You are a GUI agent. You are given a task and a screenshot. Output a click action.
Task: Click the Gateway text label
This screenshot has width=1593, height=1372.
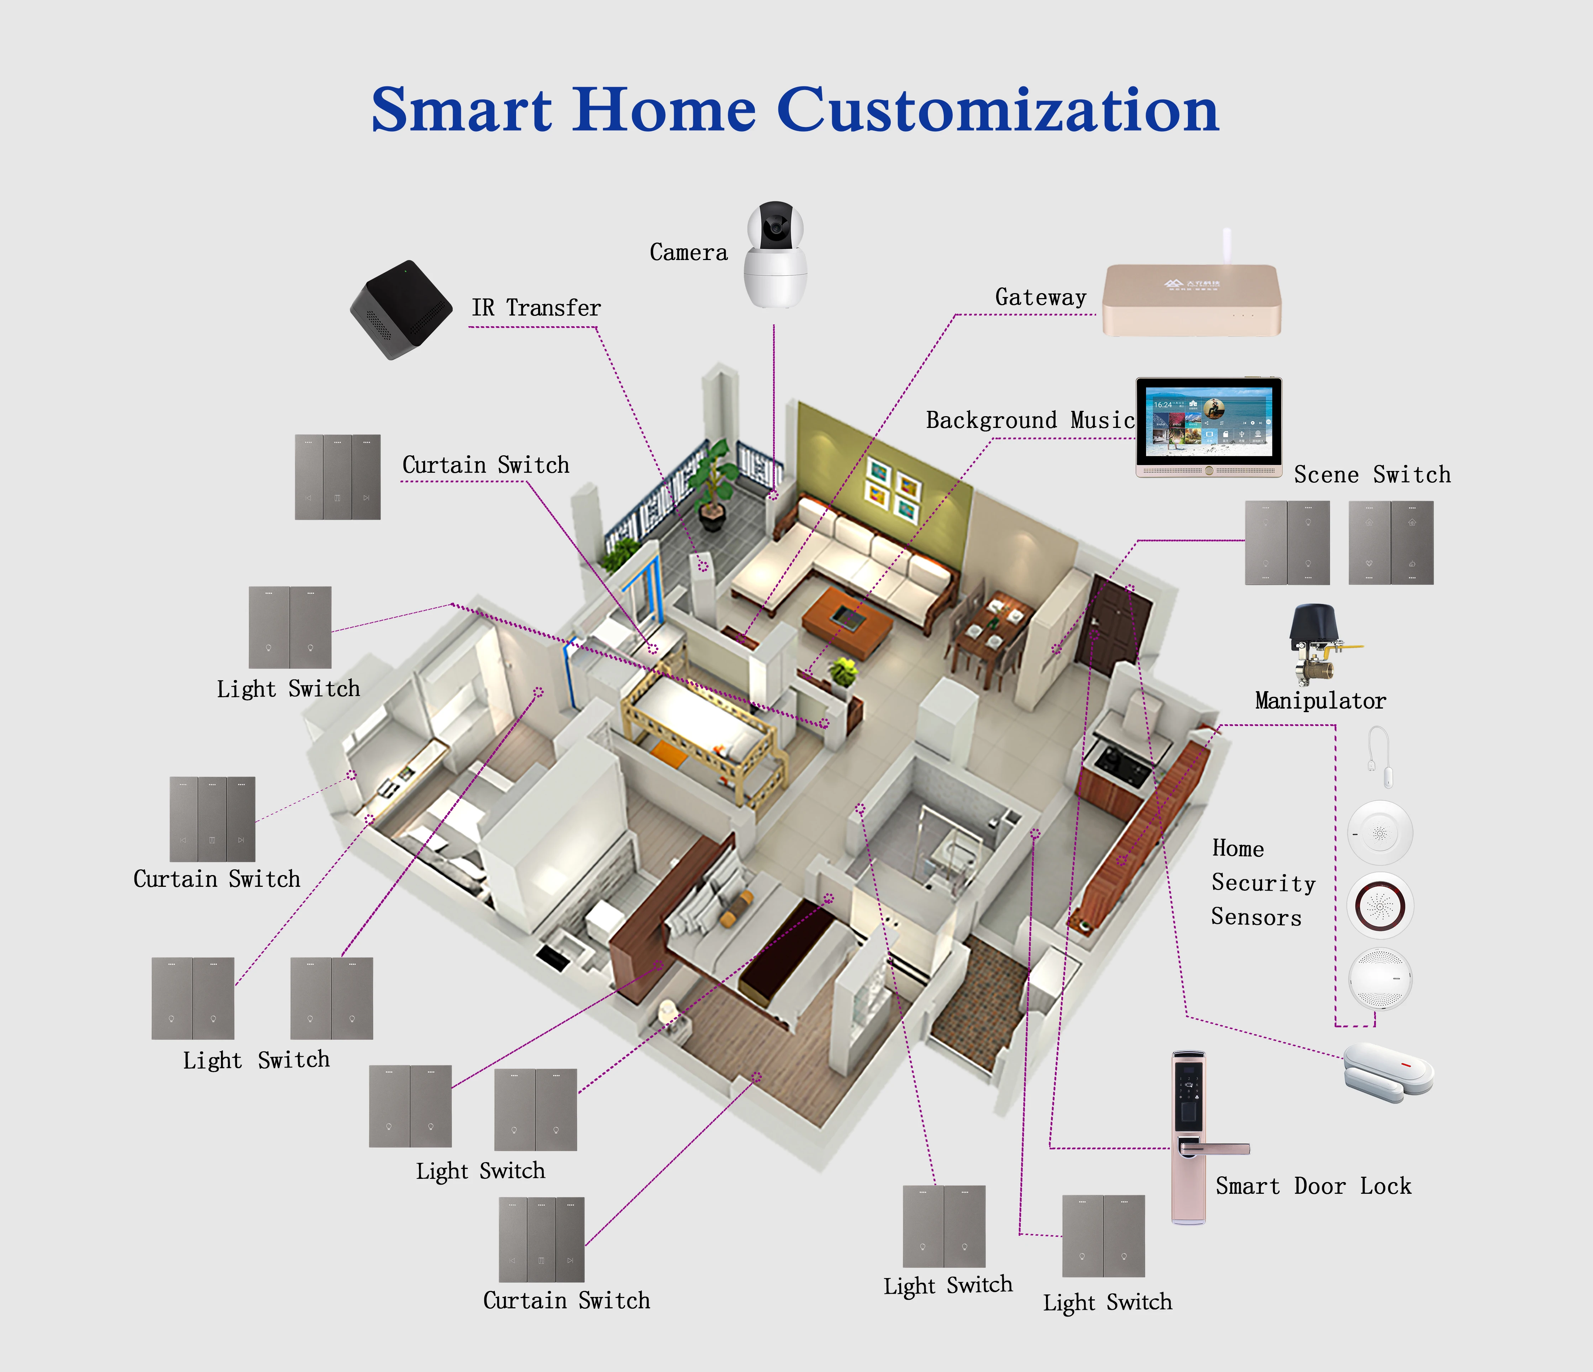point(1040,297)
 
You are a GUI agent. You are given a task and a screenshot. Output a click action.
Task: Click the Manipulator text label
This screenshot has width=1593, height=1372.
point(1320,701)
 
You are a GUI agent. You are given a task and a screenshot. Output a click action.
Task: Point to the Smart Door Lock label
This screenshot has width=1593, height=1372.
point(1313,1186)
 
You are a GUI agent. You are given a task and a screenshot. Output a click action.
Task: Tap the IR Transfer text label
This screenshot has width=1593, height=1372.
point(536,308)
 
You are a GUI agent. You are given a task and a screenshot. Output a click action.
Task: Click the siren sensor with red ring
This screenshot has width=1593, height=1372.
point(1380,905)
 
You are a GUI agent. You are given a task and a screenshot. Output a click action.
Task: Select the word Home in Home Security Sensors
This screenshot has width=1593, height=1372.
point(1238,849)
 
